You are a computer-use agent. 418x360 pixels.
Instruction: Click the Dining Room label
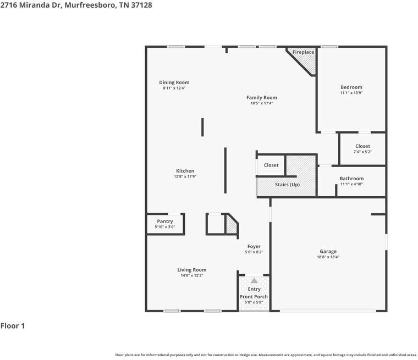pyautogui.click(x=174, y=82)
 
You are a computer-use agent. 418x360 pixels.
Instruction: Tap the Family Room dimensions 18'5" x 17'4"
pyautogui.click(x=261, y=103)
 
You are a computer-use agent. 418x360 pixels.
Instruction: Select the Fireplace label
pyautogui.click(x=303, y=52)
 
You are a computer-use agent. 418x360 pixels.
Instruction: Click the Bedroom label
pyautogui.click(x=351, y=87)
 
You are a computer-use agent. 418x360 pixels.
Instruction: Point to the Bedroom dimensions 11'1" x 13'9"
pyautogui.click(x=351, y=93)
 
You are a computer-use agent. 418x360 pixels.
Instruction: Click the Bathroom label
pyautogui.click(x=351, y=179)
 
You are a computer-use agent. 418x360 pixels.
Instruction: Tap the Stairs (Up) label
pyautogui.click(x=287, y=185)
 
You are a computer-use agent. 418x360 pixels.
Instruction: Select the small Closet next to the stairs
pyautogui.click(x=271, y=165)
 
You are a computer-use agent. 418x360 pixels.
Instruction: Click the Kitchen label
pyautogui.click(x=185, y=171)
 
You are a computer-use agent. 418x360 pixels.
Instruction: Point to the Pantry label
pyautogui.click(x=164, y=221)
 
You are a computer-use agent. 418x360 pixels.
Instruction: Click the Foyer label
pyautogui.click(x=254, y=247)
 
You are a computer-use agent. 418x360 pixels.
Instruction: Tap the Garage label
pyautogui.click(x=328, y=252)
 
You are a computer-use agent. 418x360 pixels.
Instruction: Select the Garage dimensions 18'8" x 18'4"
pyautogui.click(x=328, y=257)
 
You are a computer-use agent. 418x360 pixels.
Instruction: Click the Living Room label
pyautogui.click(x=191, y=270)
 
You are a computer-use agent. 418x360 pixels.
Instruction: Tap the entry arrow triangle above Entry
pyautogui.click(x=254, y=281)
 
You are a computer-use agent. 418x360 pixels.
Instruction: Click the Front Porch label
pyautogui.click(x=254, y=297)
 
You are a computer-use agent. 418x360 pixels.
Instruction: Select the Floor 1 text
pyautogui.click(x=13, y=326)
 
